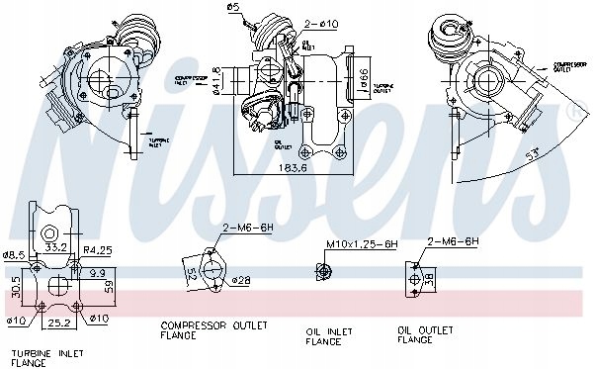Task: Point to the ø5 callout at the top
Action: (233, 8)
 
